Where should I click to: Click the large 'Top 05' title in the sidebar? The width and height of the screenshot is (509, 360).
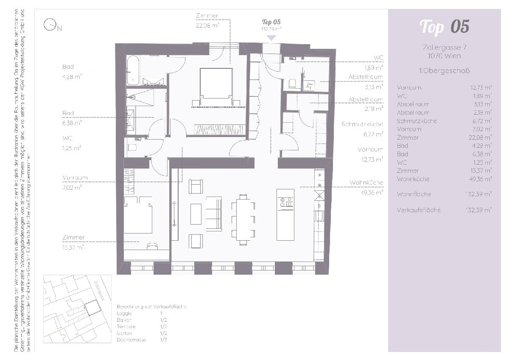(x=444, y=26)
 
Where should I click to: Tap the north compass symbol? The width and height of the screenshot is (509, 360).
(x=50, y=25)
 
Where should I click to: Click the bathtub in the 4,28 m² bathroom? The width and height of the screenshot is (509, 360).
(x=133, y=70)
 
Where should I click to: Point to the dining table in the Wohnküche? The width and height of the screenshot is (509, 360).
(x=243, y=219)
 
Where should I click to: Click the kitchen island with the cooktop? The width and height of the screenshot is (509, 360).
(x=285, y=214)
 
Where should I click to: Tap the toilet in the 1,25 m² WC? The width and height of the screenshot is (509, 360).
(x=132, y=148)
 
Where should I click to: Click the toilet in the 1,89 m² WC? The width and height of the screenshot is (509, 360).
(x=292, y=84)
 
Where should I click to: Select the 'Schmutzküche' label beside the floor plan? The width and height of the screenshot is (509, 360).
(x=362, y=124)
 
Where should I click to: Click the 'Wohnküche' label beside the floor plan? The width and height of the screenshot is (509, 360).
(x=366, y=183)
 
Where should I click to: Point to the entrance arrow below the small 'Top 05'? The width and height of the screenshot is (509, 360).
(x=271, y=38)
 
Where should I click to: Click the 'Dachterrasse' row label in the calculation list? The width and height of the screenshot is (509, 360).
(x=131, y=340)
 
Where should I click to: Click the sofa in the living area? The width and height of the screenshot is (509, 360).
(x=214, y=214)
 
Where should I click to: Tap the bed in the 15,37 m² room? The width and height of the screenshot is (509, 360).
(x=138, y=215)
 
